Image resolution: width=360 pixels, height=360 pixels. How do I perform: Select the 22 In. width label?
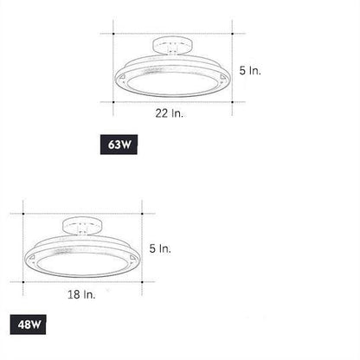click(169, 112)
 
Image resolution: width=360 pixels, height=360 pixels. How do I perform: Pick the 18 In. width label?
click(81, 293)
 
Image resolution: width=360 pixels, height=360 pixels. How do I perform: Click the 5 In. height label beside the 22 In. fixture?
click(248, 69)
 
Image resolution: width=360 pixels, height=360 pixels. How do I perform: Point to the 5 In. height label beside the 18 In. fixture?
click(160, 248)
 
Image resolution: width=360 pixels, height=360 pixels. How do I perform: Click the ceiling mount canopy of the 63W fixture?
click(172, 44)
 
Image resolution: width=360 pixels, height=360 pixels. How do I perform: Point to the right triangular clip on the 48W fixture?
click(131, 257)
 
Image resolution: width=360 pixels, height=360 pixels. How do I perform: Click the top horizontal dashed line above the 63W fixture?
click(173, 34)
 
